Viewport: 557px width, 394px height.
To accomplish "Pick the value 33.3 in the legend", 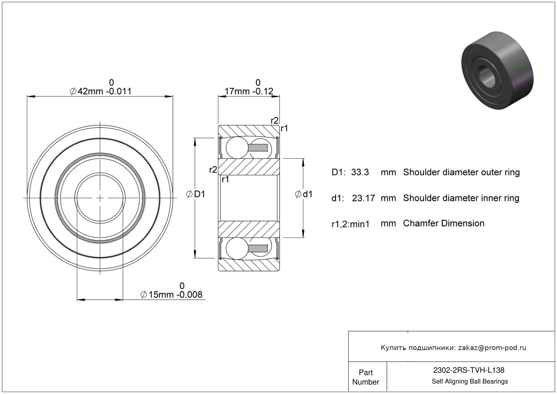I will coord(360,172).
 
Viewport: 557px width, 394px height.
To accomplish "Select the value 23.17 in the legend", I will coord(363,198).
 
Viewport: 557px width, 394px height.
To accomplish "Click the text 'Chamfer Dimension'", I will coord(443,223).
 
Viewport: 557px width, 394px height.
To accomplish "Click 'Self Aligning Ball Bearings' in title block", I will coord(469,381).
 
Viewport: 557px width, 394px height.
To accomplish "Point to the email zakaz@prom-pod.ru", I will coord(492,348).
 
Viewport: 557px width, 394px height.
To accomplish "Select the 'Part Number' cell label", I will coord(365,377).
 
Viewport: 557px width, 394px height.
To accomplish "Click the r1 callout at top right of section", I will coord(284,128).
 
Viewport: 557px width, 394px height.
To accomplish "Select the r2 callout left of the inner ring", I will coord(213,170).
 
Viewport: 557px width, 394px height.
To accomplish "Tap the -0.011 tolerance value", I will coord(119,91).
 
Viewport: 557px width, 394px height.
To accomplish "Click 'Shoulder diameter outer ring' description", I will coord(461,172).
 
